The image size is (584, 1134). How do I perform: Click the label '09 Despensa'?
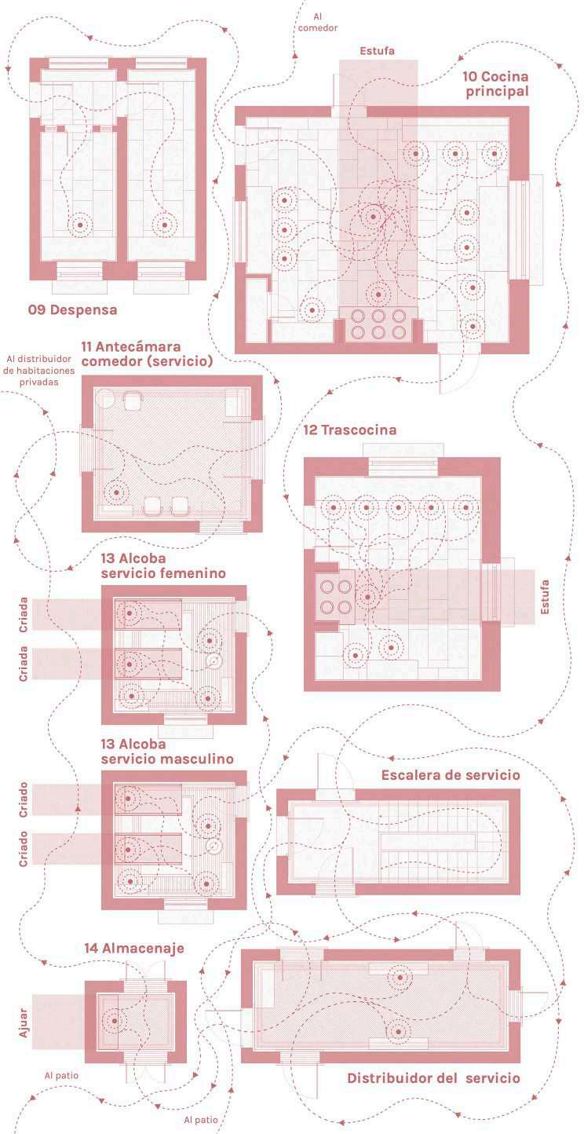click(72, 310)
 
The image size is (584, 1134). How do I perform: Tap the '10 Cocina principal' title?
click(495, 83)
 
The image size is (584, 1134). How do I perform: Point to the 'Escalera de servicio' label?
click(451, 775)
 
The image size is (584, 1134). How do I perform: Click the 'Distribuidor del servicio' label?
click(433, 1078)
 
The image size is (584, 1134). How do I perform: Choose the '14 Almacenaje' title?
click(134, 949)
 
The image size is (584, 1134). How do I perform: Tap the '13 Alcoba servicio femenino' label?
click(163, 565)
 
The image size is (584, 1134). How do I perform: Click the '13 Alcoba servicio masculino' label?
click(166, 751)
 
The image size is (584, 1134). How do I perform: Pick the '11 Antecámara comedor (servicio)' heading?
click(147, 354)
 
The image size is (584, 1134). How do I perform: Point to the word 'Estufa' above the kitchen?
click(377, 51)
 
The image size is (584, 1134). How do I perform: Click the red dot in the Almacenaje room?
click(115, 1021)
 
